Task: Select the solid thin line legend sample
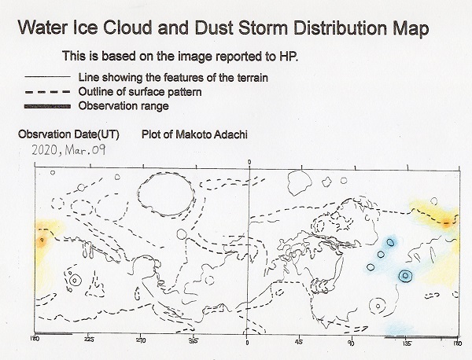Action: (47, 77)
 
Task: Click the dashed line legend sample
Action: (47, 92)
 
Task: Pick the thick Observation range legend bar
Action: (47, 106)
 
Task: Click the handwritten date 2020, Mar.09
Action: (68, 150)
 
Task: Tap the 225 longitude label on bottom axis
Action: (88, 340)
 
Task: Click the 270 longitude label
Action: (140, 340)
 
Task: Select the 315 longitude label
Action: (194, 341)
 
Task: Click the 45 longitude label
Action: (299, 342)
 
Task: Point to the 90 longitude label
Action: (351, 343)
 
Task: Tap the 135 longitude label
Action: (407, 343)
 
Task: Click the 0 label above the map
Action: (249, 162)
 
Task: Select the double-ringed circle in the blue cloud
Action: (405, 275)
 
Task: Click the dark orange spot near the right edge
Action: (446, 223)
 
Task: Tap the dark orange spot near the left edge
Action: (42, 241)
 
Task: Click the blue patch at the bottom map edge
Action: (400, 329)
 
